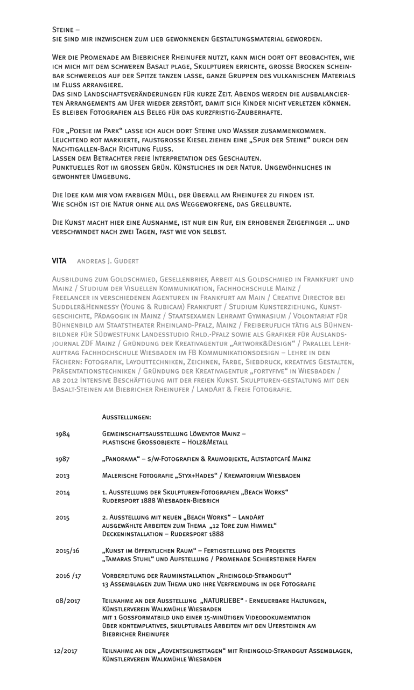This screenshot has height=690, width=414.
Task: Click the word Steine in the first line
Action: pos(64,30)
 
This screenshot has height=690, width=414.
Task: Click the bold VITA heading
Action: pos(59,261)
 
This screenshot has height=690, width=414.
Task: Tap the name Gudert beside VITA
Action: pos(126,261)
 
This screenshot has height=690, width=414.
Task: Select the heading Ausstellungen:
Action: pos(127,417)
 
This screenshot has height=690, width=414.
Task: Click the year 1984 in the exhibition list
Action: pos(62,434)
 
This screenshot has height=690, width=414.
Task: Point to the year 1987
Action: pos(62,459)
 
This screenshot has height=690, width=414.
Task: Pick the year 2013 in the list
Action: pos(62,476)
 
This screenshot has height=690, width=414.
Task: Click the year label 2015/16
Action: pos(67,551)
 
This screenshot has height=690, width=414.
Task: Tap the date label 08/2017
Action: pos(67,601)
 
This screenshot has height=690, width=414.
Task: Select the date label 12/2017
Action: pos(66,651)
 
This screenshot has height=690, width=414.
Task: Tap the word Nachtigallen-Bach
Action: pos(85,148)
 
